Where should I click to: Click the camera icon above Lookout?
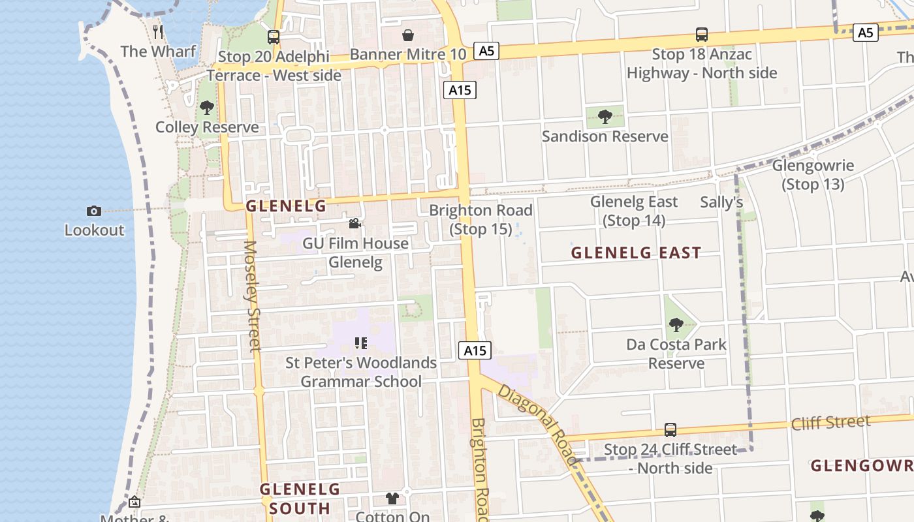(94, 211)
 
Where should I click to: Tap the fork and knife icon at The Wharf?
(158, 31)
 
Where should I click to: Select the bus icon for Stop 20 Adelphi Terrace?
(274, 37)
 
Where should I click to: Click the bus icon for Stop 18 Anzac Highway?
(702, 35)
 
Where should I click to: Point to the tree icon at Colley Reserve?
(207, 107)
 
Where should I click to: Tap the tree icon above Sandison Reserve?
(605, 117)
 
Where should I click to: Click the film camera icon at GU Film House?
(355, 224)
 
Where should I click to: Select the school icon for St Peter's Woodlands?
(361, 343)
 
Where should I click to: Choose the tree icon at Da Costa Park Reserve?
(676, 324)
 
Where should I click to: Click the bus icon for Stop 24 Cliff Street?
(670, 430)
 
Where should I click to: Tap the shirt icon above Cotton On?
(392, 499)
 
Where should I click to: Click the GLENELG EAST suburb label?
(636, 253)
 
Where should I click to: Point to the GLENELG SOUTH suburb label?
(300, 499)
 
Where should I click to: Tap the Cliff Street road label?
(830, 423)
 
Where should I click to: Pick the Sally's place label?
(721, 202)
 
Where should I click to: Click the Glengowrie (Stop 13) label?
(813, 175)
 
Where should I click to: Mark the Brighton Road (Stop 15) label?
(481, 219)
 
